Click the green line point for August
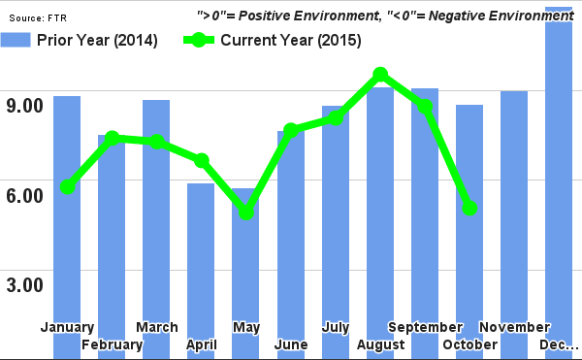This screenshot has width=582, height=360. pos(380,75)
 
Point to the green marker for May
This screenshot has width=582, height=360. pos(246,212)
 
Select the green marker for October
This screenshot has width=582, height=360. pos(469,208)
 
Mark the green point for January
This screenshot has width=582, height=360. pos(67,186)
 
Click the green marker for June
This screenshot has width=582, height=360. pos(291,130)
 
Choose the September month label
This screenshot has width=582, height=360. pos(426,327)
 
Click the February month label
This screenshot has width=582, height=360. pos(113,344)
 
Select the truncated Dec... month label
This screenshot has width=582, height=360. pos(560,344)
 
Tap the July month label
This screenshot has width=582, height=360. pos(336,327)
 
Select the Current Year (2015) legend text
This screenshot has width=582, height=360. pos(290,41)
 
